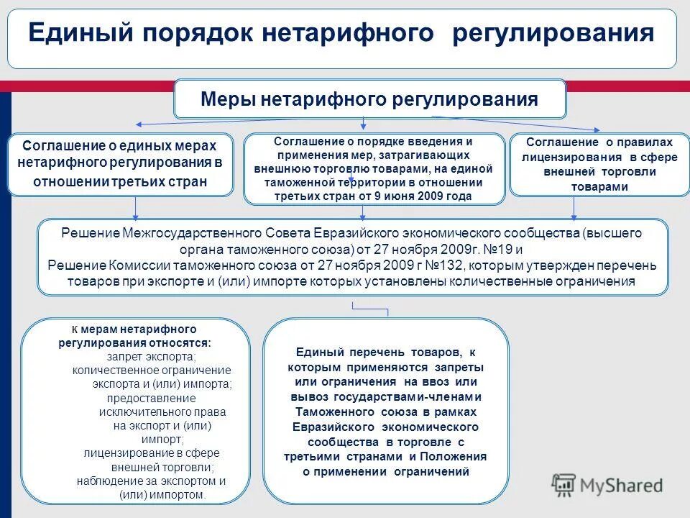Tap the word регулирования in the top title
pos(553,34)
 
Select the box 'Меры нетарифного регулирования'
pos(369,99)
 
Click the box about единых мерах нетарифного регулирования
pos(121,163)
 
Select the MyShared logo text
pos(622,485)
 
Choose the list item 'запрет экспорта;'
pos(151,357)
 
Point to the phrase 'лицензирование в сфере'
pos(152,453)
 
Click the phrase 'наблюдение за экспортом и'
pos(152,481)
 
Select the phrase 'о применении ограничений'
pos(385,472)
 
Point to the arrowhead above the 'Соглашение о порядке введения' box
pos(363,127)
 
